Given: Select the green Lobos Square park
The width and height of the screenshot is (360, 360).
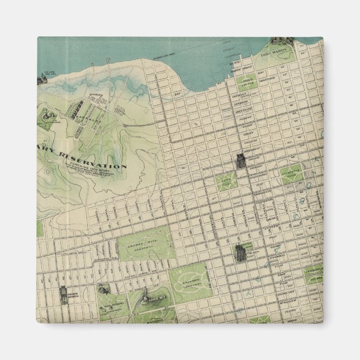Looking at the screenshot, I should point(248,84).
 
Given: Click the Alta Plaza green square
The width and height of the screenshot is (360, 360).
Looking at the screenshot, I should point(226,181).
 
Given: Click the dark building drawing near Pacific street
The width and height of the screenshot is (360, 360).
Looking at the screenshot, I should point(240,161).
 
